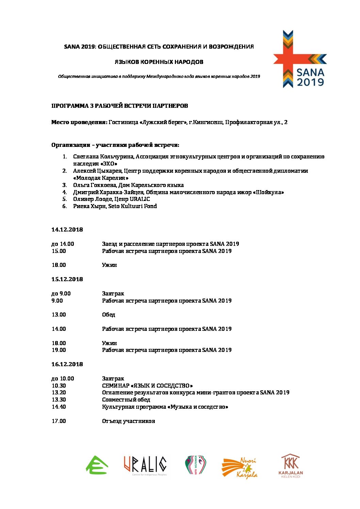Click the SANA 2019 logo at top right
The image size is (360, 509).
pyautogui.click(x=299, y=60)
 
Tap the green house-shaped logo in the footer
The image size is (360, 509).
pyautogui.click(x=97, y=465)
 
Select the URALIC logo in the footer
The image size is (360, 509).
pyautogui.click(x=145, y=465)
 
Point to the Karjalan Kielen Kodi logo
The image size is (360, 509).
pyautogui.click(x=291, y=466)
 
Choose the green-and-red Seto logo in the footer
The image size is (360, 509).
pyautogui.click(x=195, y=465)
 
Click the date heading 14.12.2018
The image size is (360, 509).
pyautogui.click(x=67, y=230)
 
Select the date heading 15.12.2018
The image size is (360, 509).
pyautogui.click(x=67, y=279)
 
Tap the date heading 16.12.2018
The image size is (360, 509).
pyautogui.click(x=67, y=364)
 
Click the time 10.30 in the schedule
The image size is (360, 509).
pyautogui.click(x=59, y=386)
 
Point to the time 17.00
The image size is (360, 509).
pyautogui.click(x=59, y=421)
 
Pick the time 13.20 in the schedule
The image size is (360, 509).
pyautogui.click(x=59, y=393)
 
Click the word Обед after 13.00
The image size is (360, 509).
pyautogui.click(x=109, y=315)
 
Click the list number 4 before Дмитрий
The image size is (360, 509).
pyautogui.click(x=64, y=192)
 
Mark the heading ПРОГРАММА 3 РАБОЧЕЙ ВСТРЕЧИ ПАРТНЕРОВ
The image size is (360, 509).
pyautogui.click(x=119, y=106)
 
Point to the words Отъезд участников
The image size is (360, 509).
pyautogui.click(x=128, y=421)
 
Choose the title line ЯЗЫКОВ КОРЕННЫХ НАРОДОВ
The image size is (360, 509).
pyautogui.click(x=159, y=62)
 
